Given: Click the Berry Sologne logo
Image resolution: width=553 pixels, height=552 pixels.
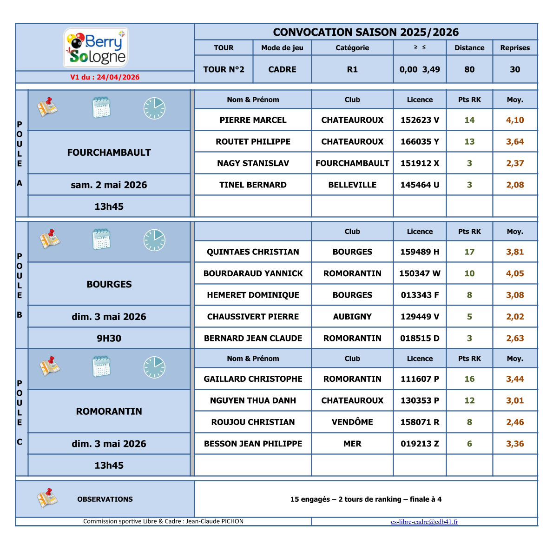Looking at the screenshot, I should tap(96, 47).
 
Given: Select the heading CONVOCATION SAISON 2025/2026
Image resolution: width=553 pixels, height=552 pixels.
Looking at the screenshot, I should tap(366, 32).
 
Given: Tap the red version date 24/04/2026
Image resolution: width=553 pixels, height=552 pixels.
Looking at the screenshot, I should tap(105, 77).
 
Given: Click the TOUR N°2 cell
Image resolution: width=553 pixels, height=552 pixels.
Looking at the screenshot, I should tap(224, 69).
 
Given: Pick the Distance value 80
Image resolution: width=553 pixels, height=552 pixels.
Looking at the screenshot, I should tap(469, 69).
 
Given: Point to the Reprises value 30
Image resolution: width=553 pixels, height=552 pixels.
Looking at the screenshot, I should tap(515, 69).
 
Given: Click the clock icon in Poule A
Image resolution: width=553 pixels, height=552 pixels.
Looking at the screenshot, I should tap(154, 108).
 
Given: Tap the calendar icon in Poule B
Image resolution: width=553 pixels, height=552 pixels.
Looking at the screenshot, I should tap(101, 239).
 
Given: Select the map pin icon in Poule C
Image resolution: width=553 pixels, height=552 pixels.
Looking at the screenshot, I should tap(48, 366).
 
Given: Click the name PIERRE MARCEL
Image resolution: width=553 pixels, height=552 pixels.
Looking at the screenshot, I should tap(253, 120).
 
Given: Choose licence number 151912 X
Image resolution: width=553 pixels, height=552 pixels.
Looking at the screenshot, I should tap(420, 163).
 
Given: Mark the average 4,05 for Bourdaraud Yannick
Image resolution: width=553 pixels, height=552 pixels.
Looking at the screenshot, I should tap(515, 273).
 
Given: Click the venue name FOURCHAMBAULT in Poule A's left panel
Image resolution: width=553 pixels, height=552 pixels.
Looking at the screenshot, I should tap(109, 153).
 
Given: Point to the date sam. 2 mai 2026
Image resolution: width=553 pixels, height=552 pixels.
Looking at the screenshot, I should tap(109, 185).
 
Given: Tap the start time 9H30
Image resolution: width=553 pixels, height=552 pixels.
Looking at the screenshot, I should tap(109, 339).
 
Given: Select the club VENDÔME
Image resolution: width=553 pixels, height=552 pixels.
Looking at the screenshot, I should tap(352, 422).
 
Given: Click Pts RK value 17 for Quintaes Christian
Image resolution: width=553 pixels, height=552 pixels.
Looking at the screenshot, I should tap(469, 252).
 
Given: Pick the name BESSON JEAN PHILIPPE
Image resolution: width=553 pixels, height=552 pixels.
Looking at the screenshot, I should tap(253, 444).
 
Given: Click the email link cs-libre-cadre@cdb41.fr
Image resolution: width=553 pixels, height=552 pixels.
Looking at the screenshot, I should tap(424, 522).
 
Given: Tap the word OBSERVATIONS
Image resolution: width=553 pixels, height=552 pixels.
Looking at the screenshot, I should tap(105, 499).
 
